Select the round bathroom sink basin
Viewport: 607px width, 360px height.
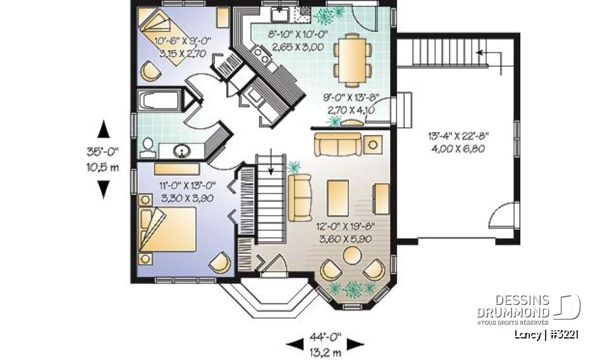click(x=182, y=151)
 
